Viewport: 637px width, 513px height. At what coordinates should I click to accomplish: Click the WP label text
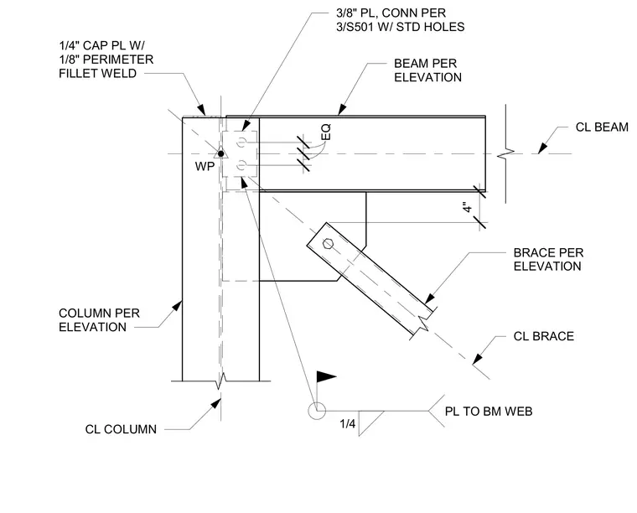click(x=205, y=167)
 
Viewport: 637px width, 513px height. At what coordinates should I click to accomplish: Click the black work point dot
click(x=220, y=153)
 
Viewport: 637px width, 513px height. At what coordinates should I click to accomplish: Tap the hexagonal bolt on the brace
click(x=328, y=244)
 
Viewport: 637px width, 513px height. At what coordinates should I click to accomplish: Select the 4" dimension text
click(x=468, y=207)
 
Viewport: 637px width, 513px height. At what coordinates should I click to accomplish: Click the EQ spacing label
click(x=326, y=132)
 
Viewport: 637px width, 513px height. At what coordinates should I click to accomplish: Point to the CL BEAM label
click(x=602, y=127)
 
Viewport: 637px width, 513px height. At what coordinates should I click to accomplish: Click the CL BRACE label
click(x=544, y=336)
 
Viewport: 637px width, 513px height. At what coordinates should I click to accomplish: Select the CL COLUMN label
click(x=121, y=429)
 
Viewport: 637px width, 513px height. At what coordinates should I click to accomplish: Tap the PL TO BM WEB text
click(x=489, y=412)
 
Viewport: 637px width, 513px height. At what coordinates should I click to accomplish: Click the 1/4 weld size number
click(x=347, y=424)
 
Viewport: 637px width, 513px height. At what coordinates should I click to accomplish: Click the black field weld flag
click(x=326, y=376)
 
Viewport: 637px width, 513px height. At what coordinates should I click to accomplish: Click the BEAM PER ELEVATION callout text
click(x=427, y=70)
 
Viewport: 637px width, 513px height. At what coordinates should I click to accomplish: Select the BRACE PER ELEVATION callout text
click(x=548, y=260)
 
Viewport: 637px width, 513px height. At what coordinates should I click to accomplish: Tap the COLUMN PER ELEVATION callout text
click(x=99, y=320)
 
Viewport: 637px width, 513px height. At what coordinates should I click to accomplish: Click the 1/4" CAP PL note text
click(x=106, y=59)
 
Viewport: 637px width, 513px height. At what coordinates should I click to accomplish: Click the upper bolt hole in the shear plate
click(x=241, y=142)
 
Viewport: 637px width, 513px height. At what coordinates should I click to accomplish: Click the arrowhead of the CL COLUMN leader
click(x=216, y=403)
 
